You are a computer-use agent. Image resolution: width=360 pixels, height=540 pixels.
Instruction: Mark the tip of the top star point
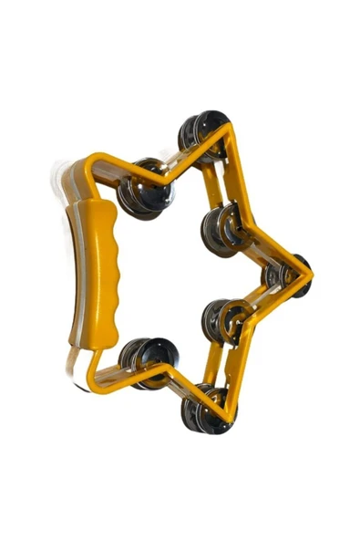click(x=227, y=125)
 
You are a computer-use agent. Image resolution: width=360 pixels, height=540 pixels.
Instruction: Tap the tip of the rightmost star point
click(x=312, y=272)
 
